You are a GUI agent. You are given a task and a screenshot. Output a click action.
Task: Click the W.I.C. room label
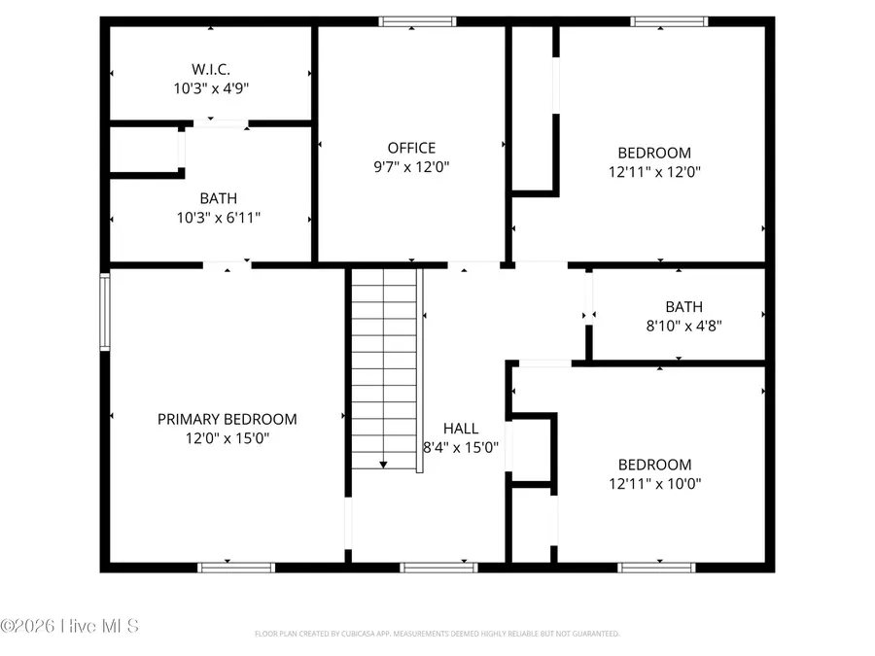click(211, 69)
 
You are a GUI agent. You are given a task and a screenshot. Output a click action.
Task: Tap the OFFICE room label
click(411, 148)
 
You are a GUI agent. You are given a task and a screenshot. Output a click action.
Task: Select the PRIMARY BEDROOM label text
click(227, 419)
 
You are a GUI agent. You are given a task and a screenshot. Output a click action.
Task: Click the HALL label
click(461, 428)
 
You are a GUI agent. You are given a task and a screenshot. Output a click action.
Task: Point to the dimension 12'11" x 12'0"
click(654, 171)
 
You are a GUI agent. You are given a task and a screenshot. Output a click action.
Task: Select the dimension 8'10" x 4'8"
click(683, 325)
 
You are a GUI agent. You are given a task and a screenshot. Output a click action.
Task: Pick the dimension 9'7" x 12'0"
click(411, 166)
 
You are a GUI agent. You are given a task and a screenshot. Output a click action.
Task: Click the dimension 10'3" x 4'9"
click(211, 87)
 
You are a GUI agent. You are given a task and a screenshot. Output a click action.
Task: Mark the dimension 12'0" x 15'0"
click(227, 437)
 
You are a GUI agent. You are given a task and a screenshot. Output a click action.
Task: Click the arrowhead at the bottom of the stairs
click(385, 465)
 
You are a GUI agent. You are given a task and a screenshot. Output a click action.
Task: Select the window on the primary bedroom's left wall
click(104, 311)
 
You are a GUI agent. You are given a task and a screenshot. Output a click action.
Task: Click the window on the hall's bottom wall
click(438, 567)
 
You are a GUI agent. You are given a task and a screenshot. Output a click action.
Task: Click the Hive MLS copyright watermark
click(70, 625)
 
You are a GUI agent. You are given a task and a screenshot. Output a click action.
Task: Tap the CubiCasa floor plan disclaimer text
click(437, 634)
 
